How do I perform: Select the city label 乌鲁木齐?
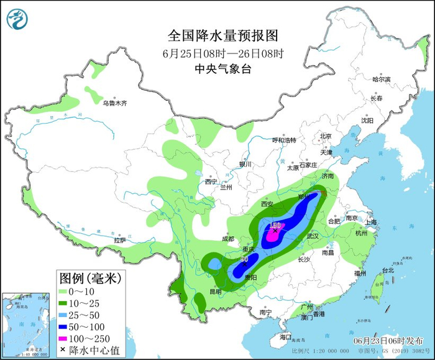(x=114, y=103)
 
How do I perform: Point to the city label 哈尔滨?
(x=381, y=79)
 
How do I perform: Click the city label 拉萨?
(x=120, y=239)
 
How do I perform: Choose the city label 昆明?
(x=215, y=291)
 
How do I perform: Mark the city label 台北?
(x=388, y=270)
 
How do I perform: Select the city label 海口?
(x=285, y=336)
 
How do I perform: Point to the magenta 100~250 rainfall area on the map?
(x=272, y=235)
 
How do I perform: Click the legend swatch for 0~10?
(x=64, y=291)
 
